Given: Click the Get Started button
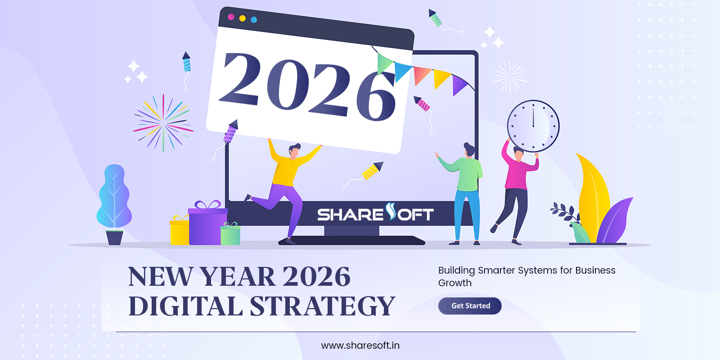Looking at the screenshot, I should click(x=470, y=306).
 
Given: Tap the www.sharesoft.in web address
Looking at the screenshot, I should click(x=360, y=346).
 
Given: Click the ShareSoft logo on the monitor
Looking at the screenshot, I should click(x=375, y=213).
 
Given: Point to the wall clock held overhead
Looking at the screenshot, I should click(x=533, y=126).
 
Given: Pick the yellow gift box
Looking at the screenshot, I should click(x=179, y=231).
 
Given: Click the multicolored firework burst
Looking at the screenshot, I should click(x=163, y=123).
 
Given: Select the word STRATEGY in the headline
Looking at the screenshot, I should click(x=322, y=306).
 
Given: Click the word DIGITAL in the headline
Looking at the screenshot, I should click(x=185, y=306).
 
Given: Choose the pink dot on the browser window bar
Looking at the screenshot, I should click(x=231, y=17).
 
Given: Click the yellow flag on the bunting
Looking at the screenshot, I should click(x=441, y=79).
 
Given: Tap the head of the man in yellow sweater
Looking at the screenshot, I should click(x=294, y=151).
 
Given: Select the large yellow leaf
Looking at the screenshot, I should click(x=593, y=193).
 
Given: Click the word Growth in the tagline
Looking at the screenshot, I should click(x=455, y=283).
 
